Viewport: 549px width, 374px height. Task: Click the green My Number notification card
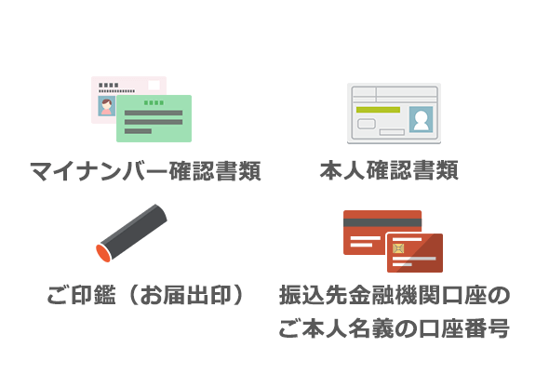(x=154, y=118)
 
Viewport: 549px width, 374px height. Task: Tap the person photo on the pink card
(x=107, y=106)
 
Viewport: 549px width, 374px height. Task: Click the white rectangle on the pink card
(x=154, y=85)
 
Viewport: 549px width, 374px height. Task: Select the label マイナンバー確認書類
(x=145, y=171)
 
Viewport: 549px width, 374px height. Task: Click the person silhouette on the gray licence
(x=421, y=119)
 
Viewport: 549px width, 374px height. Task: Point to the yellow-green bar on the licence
(x=378, y=110)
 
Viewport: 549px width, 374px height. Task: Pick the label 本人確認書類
(x=389, y=170)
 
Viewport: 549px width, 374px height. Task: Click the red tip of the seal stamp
(x=103, y=253)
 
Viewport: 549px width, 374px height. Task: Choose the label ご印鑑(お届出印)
(x=145, y=295)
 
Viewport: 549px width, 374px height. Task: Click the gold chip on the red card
(x=398, y=248)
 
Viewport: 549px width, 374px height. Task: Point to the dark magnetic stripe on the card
(x=382, y=222)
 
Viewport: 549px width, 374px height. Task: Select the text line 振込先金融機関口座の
(x=395, y=295)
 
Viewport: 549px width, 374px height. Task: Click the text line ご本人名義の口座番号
(x=395, y=328)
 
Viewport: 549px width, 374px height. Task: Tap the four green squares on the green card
(x=154, y=102)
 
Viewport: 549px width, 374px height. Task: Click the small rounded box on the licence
(x=367, y=124)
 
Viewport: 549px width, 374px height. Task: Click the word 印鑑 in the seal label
(x=93, y=295)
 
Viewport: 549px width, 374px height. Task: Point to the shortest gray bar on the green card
(x=138, y=131)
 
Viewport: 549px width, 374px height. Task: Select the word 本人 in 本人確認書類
(x=342, y=170)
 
